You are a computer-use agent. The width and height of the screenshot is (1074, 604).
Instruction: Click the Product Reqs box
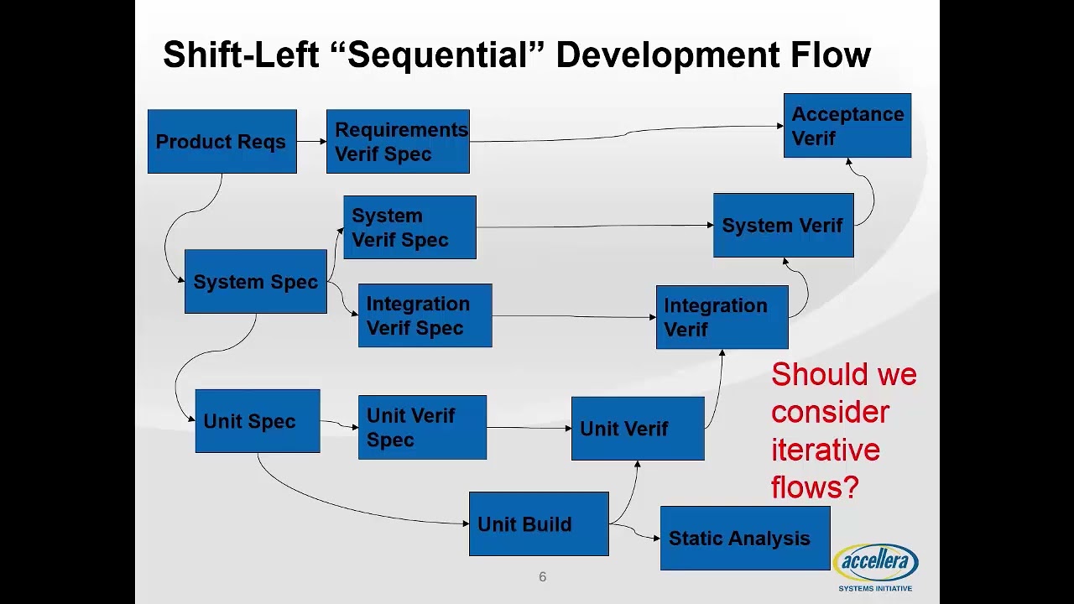click(x=222, y=142)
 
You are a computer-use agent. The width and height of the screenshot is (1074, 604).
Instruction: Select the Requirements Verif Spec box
click(x=398, y=142)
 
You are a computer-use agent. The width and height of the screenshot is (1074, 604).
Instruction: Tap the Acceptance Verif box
click(x=847, y=126)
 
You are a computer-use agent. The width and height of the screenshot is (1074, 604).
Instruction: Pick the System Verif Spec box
click(x=409, y=227)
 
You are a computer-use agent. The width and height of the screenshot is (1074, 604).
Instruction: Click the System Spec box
click(x=255, y=282)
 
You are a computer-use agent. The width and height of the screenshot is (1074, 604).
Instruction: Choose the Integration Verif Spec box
click(x=425, y=315)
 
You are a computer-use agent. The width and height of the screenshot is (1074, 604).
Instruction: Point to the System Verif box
click(x=783, y=226)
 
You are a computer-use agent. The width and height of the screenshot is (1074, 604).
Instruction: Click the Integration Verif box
click(x=722, y=317)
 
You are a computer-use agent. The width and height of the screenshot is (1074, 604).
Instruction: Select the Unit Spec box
click(x=257, y=421)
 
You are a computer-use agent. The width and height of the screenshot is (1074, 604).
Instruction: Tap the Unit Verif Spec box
click(x=422, y=428)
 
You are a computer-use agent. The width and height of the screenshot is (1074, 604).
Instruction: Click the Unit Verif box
click(x=637, y=429)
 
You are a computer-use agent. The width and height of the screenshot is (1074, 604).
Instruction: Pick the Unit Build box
click(x=539, y=524)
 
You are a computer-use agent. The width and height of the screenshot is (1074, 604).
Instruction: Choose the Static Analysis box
click(x=744, y=539)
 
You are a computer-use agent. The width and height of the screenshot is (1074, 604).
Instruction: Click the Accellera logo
click(x=875, y=565)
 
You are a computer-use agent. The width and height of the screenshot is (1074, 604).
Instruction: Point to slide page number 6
click(x=542, y=577)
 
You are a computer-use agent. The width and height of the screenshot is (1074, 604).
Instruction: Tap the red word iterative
click(x=825, y=450)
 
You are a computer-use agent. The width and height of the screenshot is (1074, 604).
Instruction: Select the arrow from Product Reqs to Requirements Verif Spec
click(x=311, y=142)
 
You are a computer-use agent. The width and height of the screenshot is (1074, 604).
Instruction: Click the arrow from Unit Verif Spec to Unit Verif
click(x=529, y=428)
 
